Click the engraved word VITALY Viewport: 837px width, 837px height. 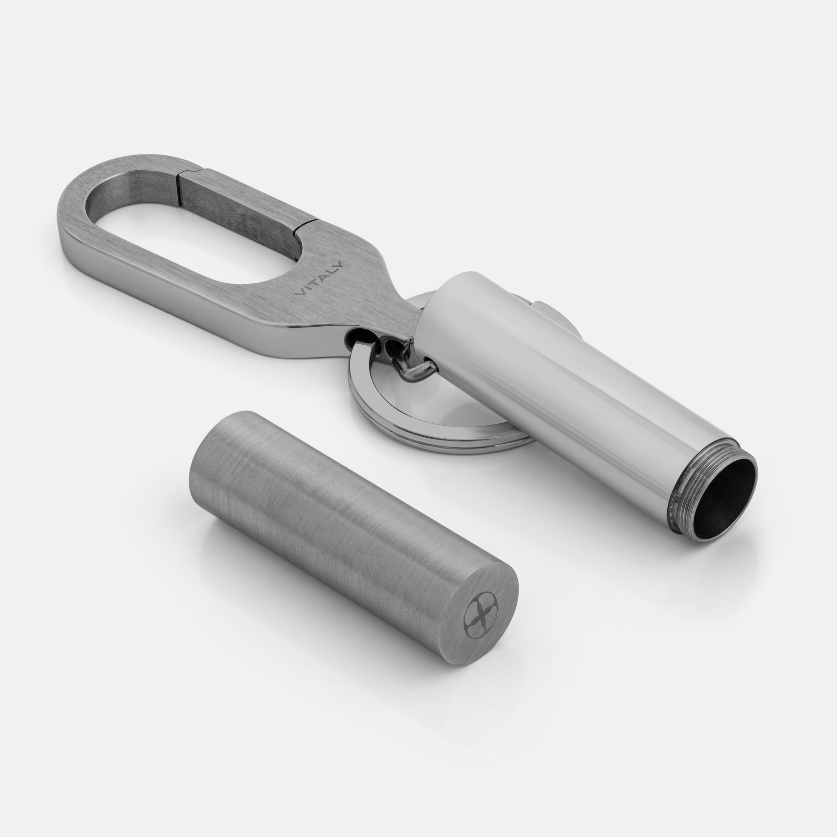319,278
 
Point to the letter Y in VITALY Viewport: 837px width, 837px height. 338,264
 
